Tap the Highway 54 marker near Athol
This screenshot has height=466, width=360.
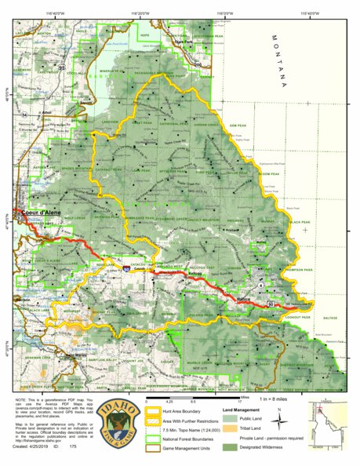(x=25, y=114)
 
